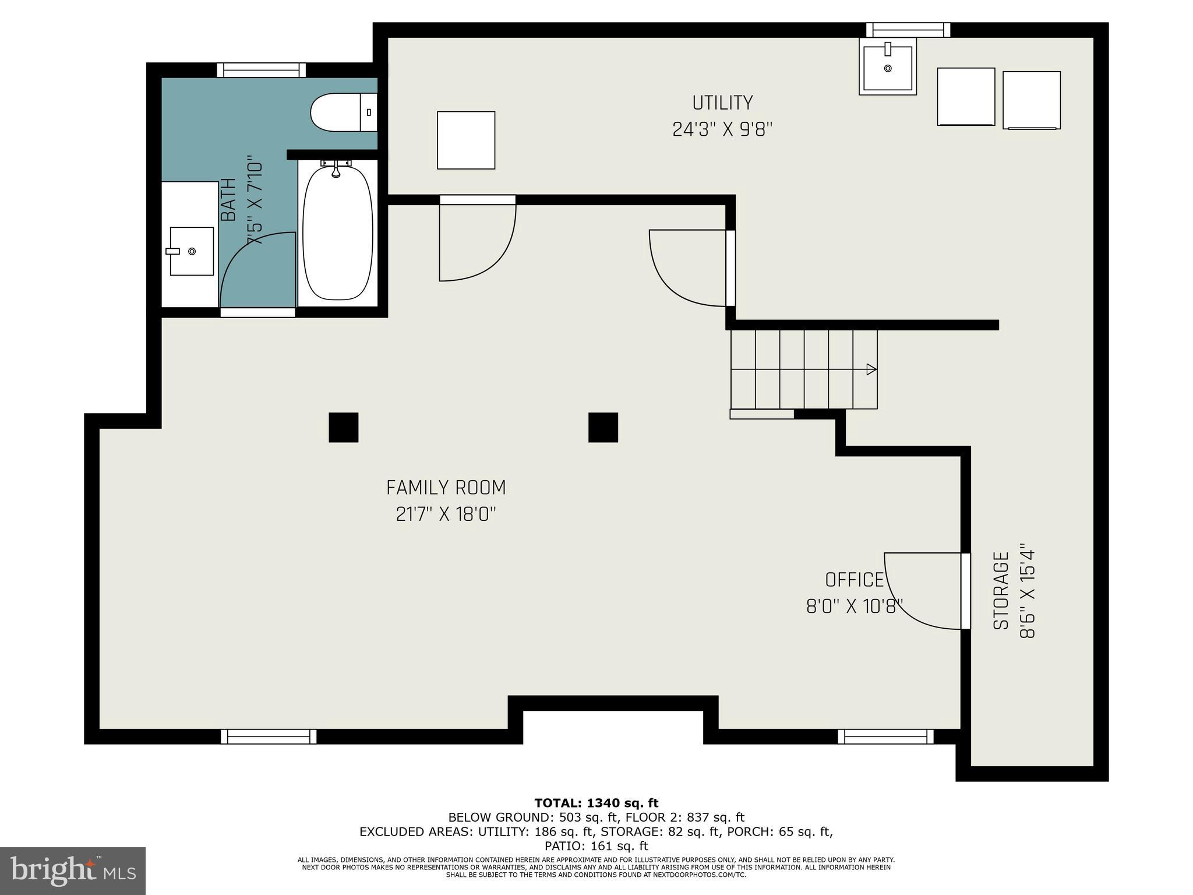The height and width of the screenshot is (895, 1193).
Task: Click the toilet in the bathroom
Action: click(344, 112)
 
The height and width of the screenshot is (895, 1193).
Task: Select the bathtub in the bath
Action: click(338, 232)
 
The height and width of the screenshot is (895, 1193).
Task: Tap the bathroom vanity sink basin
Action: click(192, 251)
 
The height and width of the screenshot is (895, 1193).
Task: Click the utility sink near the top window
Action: click(888, 66)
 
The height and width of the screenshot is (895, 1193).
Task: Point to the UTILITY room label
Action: click(722, 103)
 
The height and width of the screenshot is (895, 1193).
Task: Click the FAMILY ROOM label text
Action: click(446, 487)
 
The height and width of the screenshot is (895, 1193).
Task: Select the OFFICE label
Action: click(855, 580)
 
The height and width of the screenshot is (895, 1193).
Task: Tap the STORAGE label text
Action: click(1001, 591)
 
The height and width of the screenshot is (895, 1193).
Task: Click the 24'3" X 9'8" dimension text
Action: click(722, 129)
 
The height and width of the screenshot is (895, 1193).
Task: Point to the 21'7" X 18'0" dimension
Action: click(446, 515)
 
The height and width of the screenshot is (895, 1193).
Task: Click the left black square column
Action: click(344, 427)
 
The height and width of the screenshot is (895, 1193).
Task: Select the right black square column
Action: click(603, 427)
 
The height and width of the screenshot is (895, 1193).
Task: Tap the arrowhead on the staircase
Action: click(872, 369)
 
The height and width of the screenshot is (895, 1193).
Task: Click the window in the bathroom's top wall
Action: click(262, 70)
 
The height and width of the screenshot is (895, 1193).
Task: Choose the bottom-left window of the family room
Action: click(269, 737)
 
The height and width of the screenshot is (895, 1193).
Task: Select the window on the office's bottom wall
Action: click(885, 737)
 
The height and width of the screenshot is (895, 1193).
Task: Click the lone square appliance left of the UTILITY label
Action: click(466, 140)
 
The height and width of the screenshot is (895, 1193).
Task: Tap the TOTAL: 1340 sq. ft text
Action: click(596, 803)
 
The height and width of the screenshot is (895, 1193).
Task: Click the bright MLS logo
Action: click(73, 871)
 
